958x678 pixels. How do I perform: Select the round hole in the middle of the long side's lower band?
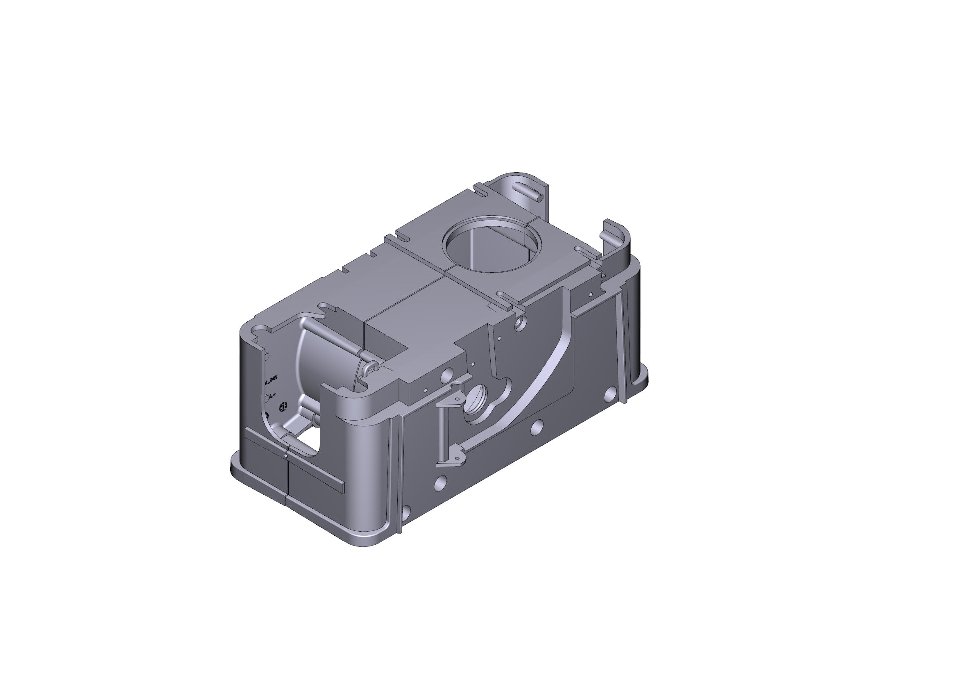(537, 426)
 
